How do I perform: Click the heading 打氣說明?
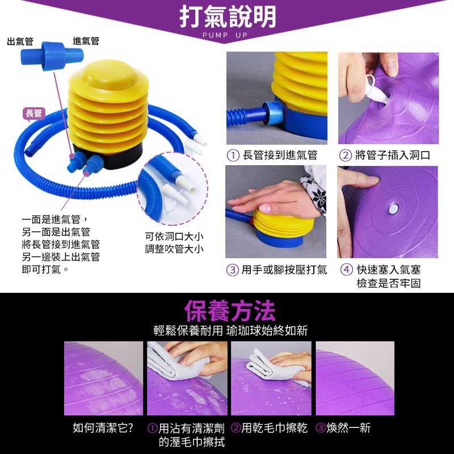click(x=228, y=16)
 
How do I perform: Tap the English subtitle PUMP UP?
click(x=225, y=35)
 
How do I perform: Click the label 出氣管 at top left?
click(x=20, y=41)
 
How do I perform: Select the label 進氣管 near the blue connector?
click(x=86, y=41)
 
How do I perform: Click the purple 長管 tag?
click(x=34, y=113)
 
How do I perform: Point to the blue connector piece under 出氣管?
click(x=52, y=56)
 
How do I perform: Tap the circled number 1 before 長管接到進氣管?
click(x=233, y=155)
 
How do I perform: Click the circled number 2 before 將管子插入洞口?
click(x=345, y=155)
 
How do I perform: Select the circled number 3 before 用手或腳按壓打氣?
click(x=232, y=270)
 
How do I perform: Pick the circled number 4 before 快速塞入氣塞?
click(x=346, y=270)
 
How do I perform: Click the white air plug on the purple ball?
click(x=393, y=209)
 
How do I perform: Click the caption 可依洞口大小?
click(x=174, y=236)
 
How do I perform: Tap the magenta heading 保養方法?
click(x=229, y=310)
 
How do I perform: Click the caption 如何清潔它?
click(x=103, y=427)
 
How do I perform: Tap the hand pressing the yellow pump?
click(x=278, y=200)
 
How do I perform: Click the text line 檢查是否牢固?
click(x=388, y=283)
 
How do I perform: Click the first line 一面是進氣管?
click(x=51, y=220)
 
